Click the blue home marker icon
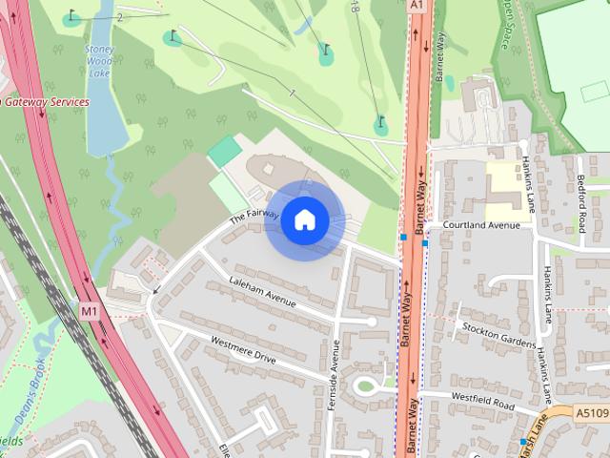304,220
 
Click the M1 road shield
89,310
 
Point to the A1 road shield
417,5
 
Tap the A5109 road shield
591,413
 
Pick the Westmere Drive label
243,350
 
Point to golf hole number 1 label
292,93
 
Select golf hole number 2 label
119,18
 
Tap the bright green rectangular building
225,151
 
